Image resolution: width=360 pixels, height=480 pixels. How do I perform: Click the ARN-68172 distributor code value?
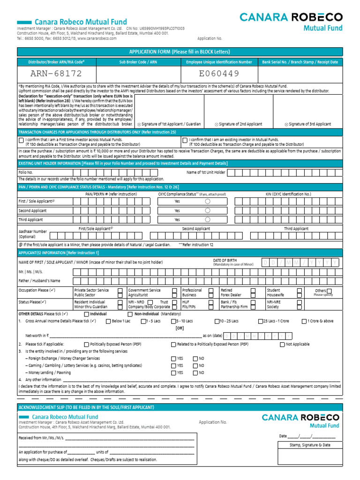click(x=56, y=74)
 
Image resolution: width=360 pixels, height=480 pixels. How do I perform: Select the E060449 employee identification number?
click(x=219, y=74)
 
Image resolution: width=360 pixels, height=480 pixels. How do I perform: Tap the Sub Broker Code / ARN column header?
click(x=138, y=62)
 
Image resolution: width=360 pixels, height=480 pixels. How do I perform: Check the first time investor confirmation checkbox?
click(x=21, y=140)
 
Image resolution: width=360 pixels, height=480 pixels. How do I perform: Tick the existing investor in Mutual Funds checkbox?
click(x=185, y=140)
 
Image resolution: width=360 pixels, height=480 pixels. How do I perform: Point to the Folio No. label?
click(x=26, y=172)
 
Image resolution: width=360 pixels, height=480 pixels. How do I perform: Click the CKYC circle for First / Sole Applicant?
click(x=208, y=201)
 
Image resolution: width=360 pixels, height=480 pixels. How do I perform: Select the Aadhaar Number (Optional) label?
click(x=32, y=234)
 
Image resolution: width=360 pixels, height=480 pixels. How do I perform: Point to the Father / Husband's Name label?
click(x=39, y=281)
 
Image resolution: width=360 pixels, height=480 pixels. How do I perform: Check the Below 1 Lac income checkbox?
click(x=108, y=321)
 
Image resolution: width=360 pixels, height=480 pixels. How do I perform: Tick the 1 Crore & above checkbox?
click(x=303, y=321)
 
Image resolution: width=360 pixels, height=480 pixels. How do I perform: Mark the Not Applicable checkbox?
click(x=282, y=345)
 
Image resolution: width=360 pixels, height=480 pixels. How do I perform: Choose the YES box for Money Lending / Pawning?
click(x=173, y=373)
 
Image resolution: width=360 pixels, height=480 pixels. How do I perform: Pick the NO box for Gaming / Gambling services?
click(x=195, y=365)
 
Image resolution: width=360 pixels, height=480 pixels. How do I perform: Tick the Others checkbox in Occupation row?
click(x=329, y=291)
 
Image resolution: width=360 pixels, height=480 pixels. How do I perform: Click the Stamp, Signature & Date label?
click(x=310, y=445)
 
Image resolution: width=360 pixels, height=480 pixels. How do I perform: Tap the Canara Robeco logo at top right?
click(x=291, y=21)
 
